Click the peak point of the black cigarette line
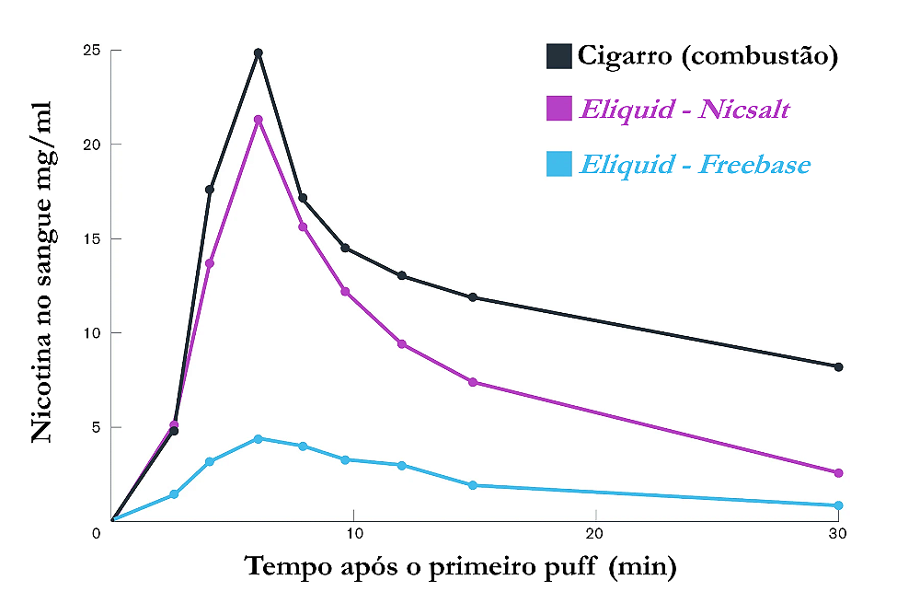pos(259,53)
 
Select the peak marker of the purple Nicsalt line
pos(259,120)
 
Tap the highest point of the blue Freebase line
pos(259,438)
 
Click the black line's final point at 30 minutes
pos(838,366)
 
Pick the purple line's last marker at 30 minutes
pos(838,472)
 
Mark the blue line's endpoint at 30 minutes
pos(838,505)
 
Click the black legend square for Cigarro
pos(559,56)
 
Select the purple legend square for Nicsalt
pos(559,110)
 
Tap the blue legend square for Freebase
pos(559,164)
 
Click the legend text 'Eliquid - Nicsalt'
pos(684,110)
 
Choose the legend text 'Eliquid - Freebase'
pos(695,165)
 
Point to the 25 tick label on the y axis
pos(90,50)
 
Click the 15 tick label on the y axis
pos(90,238)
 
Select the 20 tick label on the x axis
pos(594,534)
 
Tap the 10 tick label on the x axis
pos(352,534)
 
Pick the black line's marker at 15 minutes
pos(473,297)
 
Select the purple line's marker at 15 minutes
pos(473,382)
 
